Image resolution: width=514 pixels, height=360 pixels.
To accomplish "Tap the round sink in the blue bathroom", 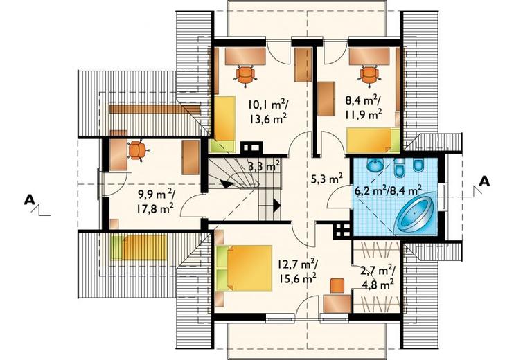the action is (375, 165).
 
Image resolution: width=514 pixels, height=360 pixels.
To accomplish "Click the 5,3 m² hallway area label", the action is (327, 179).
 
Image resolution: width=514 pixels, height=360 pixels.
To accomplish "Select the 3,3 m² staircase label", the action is (263, 166).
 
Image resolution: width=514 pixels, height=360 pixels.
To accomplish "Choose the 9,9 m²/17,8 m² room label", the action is (155, 201).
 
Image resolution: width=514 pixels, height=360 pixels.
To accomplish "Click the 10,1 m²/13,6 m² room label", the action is (268, 111).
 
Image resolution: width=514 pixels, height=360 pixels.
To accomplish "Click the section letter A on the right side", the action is (484, 181).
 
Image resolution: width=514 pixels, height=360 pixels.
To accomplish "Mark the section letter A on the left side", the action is (30, 200).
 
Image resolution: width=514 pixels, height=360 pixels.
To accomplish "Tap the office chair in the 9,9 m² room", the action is (138, 150).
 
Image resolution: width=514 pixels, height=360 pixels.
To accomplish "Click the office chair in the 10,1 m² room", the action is (245, 75).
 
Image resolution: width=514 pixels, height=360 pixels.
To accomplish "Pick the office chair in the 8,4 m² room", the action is (369, 75).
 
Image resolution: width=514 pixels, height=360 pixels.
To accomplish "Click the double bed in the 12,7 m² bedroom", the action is (245, 269).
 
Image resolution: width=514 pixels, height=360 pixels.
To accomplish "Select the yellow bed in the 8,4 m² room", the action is (373, 141).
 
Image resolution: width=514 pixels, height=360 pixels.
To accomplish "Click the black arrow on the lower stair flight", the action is (276, 206).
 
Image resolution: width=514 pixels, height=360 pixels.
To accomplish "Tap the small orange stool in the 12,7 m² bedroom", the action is (337, 286).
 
